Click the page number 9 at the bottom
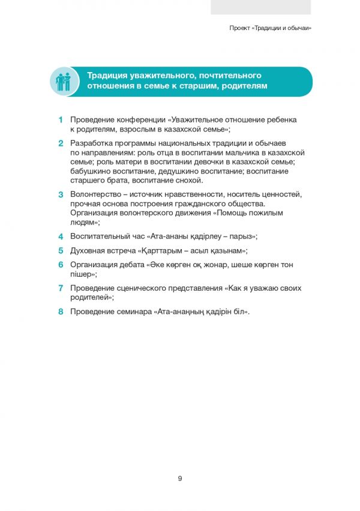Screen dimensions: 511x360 coord(180,479)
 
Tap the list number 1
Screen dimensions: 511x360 coord(61,119)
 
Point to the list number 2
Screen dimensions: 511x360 coord(61,144)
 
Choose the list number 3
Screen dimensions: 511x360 coord(61,195)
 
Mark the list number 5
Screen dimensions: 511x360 coord(61,251)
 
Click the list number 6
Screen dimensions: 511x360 coord(61,265)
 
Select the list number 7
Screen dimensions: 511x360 coord(61,288)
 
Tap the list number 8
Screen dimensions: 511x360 coord(61,312)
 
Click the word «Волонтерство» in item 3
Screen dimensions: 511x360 coord(97,195)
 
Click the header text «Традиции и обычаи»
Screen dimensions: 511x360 coord(282,28)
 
